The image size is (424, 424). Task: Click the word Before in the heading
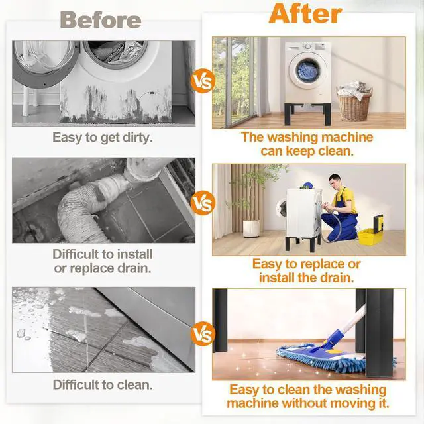(101, 20)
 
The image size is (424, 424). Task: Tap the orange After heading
(305, 13)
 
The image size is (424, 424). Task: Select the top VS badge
(203, 81)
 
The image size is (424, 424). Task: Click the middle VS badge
(203, 203)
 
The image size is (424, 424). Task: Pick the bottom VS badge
(203, 334)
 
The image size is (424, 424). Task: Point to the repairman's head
(335, 181)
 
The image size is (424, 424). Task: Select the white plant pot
(251, 229)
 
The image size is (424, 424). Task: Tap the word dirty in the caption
(138, 138)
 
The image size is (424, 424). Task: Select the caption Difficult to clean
(103, 384)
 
